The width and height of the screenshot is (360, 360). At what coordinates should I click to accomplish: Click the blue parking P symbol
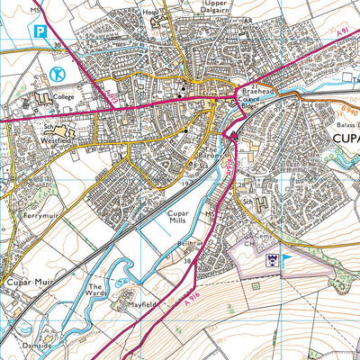(x=40, y=32)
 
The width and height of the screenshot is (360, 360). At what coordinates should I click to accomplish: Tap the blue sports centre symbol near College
(x=59, y=72)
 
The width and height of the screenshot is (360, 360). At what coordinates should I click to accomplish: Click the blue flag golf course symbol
(x=288, y=260)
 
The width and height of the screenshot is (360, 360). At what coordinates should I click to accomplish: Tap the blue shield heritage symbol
(x=268, y=259)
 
